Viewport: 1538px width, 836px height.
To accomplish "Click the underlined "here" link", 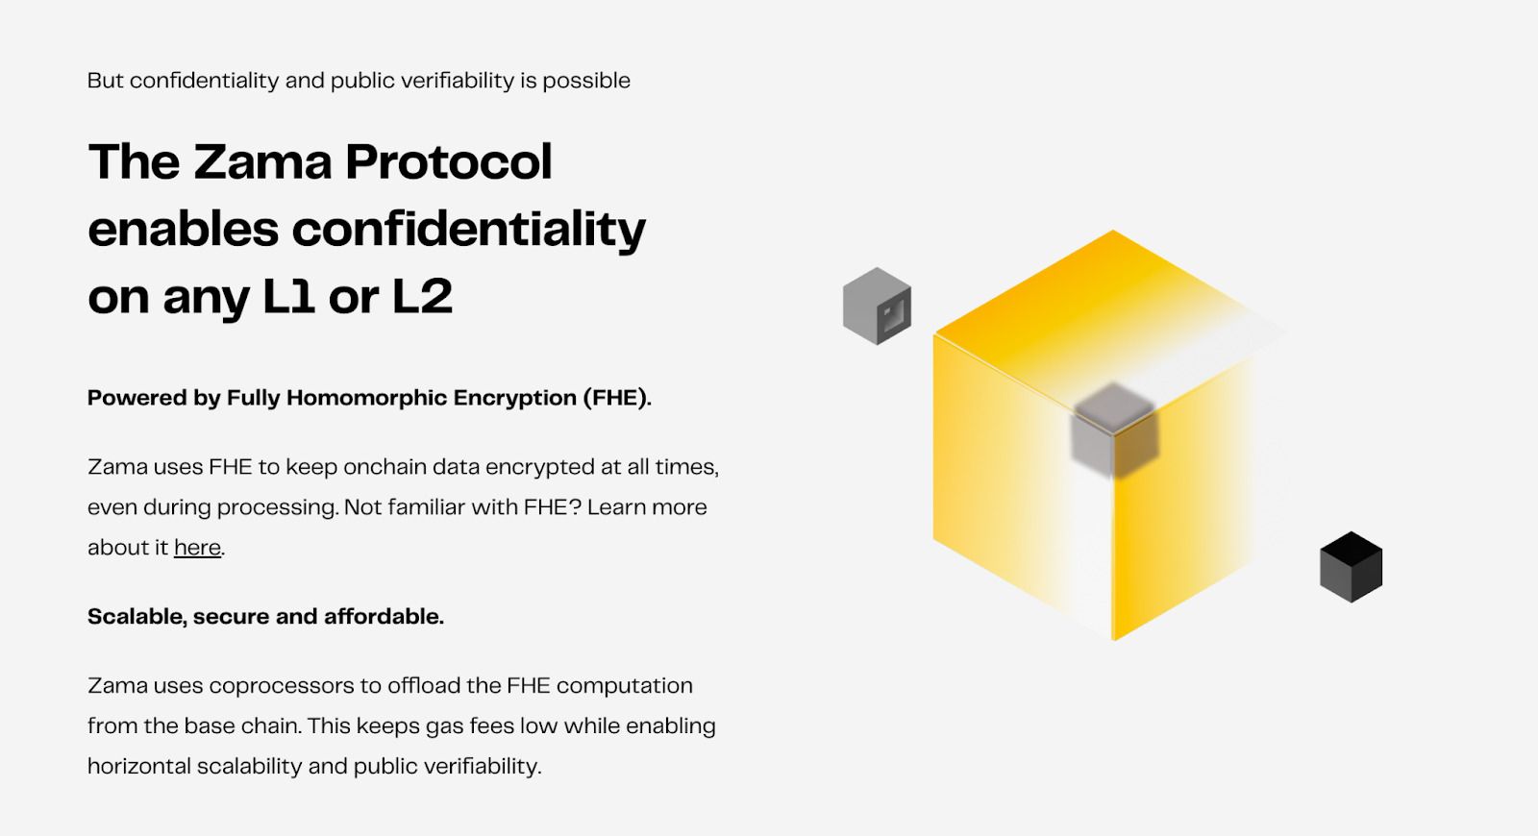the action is (197, 548).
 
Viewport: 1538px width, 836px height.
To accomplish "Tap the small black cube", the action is (1351, 567).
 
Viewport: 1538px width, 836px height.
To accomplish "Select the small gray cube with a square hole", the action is (877, 307).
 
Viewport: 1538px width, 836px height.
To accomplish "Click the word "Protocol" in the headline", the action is (448, 162).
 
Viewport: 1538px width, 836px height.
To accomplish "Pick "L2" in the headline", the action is (422, 297).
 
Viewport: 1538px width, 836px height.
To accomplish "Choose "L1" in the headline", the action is (288, 297).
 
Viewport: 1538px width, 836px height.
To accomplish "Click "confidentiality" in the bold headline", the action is (469, 230).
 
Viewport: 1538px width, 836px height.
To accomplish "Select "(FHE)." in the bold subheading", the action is (616, 398).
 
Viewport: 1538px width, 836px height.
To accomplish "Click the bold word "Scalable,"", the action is (137, 617).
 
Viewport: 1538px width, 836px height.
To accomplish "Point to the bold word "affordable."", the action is (384, 616).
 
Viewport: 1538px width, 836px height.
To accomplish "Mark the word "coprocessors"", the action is (282, 686).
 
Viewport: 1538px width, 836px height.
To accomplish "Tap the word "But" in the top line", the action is (106, 81).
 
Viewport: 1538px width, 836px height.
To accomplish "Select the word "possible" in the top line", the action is (586, 82).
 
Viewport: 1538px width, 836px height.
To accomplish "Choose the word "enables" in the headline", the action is (184, 230).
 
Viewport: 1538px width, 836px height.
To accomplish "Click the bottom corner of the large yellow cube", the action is (1114, 640).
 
